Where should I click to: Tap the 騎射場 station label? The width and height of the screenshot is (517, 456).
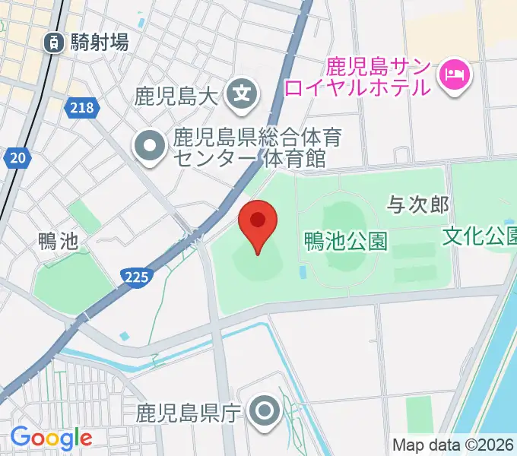pyautogui.click(x=99, y=43)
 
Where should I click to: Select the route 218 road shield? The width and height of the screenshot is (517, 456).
pyautogui.click(x=81, y=109)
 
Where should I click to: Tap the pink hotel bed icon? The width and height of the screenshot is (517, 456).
pyautogui.click(x=455, y=75)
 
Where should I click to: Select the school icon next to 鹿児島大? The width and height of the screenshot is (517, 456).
pyautogui.click(x=243, y=96)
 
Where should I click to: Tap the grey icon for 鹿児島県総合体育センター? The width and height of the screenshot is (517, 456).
pyautogui.click(x=149, y=147)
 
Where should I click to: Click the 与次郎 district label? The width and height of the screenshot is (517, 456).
pyautogui.click(x=418, y=204)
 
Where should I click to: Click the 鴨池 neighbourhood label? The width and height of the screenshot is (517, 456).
pyautogui.click(x=58, y=242)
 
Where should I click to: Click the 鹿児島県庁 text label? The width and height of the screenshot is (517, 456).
pyautogui.click(x=189, y=413)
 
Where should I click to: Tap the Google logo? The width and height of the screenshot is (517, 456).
pyautogui.click(x=51, y=438)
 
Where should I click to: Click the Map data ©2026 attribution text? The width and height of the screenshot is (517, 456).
pyautogui.click(x=453, y=445)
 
